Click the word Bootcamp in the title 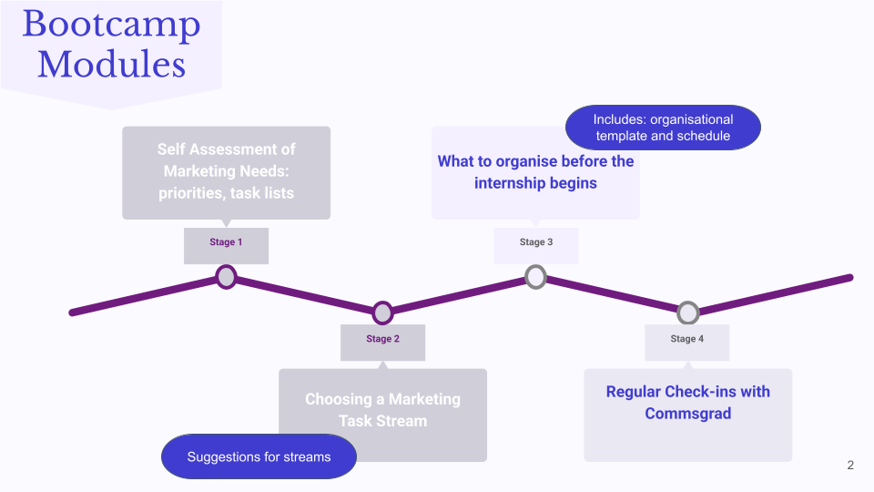111,26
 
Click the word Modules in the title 111,65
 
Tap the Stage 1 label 226,242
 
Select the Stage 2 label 382,339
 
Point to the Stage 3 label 536,242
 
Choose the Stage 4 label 687,339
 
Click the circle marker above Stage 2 382,313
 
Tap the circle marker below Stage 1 226,276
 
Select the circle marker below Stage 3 536,276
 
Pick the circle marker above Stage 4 687,313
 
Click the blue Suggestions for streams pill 259,456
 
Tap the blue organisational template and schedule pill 663,128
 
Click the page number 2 850,466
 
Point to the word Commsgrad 687,414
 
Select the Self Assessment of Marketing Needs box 226,172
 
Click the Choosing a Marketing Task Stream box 382,415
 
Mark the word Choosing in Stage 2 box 338,399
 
